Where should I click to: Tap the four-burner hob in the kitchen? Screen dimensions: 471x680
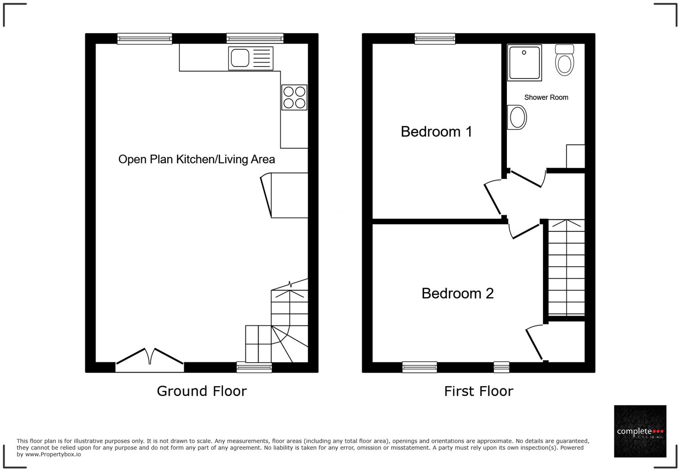coord(294,98)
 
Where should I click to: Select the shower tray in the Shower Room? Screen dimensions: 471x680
coord(524,62)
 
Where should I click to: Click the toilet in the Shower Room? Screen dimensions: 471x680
coord(564,60)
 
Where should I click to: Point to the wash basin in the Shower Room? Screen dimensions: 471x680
coord(517,118)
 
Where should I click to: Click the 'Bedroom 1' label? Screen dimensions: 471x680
coord(436,132)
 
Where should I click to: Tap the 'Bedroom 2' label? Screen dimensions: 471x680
coord(457,293)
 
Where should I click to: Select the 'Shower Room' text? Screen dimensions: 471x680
coord(546,98)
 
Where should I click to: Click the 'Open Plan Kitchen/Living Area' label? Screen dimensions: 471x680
coord(197,160)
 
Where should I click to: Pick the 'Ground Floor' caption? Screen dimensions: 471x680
coord(201,391)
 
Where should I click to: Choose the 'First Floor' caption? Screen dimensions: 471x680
coord(478,391)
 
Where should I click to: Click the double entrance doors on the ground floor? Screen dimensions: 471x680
coord(150,357)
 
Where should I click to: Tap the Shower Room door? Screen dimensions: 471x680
coord(527,178)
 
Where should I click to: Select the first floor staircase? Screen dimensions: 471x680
coord(566,267)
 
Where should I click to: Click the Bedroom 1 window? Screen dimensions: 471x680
coord(435,39)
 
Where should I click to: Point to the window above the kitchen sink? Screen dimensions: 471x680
coord(255,39)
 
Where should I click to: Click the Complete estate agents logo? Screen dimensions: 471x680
coord(640,431)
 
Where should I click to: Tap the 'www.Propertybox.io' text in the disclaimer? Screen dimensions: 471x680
coord(53,454)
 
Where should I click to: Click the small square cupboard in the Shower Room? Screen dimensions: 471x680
coord(575,156)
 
